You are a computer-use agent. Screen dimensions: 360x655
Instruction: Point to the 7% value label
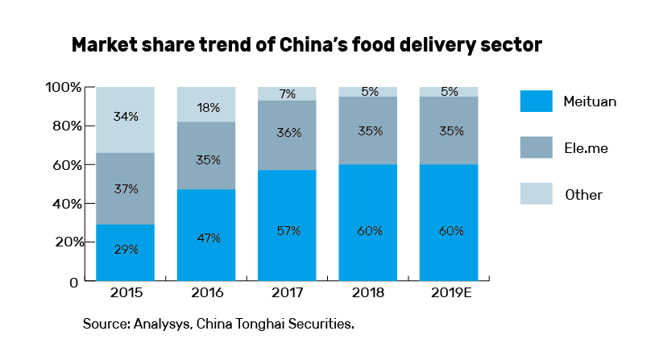288,94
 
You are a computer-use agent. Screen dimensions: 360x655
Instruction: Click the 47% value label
206,239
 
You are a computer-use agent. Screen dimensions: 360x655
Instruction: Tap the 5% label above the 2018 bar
369,91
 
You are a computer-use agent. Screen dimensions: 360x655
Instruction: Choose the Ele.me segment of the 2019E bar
450,130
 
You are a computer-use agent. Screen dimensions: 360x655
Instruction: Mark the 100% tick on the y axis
62,87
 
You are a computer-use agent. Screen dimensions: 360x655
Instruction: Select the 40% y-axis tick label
64,204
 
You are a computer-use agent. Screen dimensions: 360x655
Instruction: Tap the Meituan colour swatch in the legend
536,101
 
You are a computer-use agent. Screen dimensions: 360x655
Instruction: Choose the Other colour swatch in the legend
536,194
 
